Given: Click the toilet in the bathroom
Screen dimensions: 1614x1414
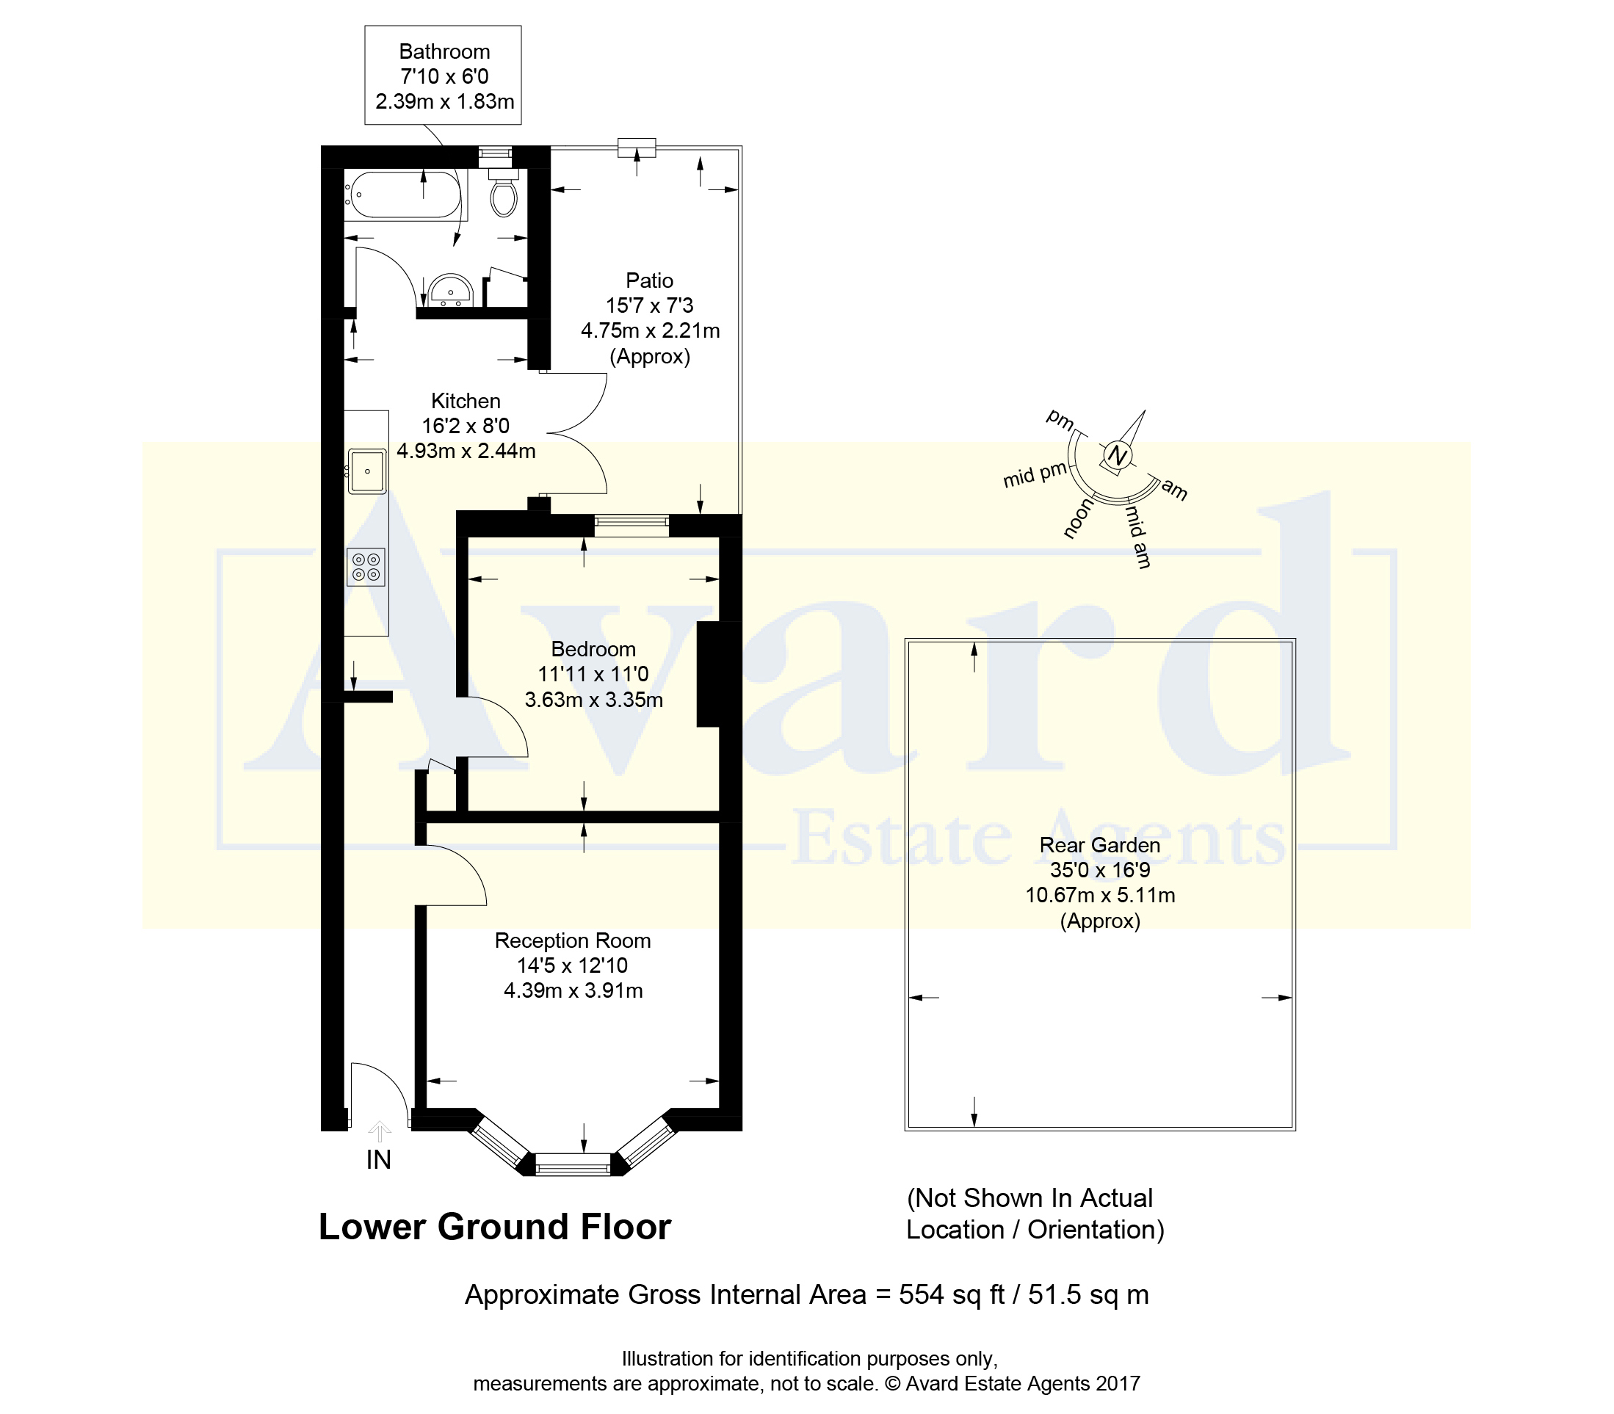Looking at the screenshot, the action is click(x=504, y=190).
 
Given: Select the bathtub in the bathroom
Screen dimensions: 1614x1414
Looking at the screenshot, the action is click(x=405, y=195).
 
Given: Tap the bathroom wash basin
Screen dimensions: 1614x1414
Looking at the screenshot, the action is click(x=451, y=291).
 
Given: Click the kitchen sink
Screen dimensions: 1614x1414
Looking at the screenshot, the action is click(x=367, y=471).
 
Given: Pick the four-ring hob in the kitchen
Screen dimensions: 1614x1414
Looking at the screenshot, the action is click(x=366, y=568).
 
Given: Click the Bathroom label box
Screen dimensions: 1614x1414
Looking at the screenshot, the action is click(x=443, y=75).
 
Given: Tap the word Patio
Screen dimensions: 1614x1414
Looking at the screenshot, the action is click(x=650, y=281).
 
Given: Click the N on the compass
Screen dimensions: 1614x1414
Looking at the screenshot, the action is click(x=1117, y=455).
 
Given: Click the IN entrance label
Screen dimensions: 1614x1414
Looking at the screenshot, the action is click(x=379, y=1159).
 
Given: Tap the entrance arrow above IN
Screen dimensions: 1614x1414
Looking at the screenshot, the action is click(x=380, y=1131).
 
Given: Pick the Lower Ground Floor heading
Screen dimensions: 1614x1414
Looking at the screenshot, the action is click(x=495, y=1227).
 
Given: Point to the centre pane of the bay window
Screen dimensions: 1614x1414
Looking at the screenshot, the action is click(x=573, y=1164).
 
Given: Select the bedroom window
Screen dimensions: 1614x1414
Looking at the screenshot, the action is click(x=632, y=526).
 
